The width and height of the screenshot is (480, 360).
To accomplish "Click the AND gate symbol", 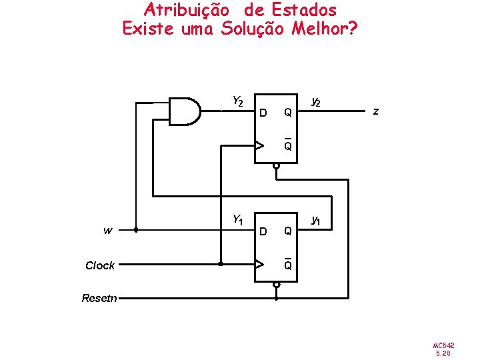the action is [185, 111].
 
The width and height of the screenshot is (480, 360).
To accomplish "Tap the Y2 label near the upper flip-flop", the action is [238, 101].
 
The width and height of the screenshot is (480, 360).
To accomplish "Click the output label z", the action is [375, 111].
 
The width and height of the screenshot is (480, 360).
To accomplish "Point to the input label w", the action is [107, 231].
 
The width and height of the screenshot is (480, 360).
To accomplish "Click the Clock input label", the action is [100, 265].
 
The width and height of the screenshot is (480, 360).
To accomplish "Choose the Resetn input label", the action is [99, 298].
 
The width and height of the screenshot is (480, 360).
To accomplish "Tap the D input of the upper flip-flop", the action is [263, 113].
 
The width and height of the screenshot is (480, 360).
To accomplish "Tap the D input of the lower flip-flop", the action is [263, 231].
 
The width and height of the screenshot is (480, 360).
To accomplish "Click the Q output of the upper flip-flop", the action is [287, 113].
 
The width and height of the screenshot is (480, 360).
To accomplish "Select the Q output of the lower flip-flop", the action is [287, 231].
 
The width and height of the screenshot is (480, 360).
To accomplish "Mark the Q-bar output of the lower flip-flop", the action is [287, 265].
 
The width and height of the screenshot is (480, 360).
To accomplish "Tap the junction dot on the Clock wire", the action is [220, 265].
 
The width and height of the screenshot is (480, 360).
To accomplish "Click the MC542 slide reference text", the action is [444, 345].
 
